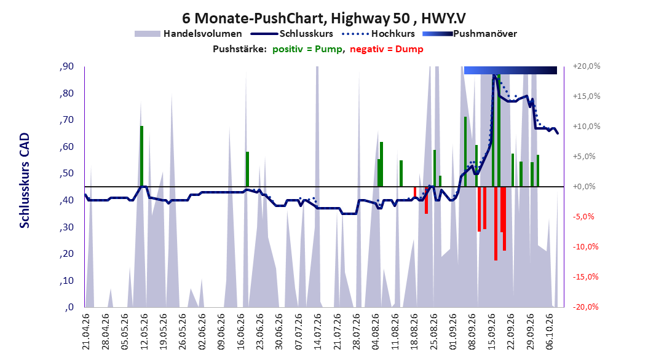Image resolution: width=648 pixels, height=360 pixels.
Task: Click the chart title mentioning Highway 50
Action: click(324, 18)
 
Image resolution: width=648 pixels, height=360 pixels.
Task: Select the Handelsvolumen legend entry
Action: click(188, 34)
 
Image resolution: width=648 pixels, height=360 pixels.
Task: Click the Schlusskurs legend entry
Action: click(292, 34)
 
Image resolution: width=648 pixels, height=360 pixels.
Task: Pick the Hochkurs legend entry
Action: click(378, 34)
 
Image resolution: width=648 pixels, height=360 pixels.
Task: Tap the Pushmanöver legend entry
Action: click(470, 34)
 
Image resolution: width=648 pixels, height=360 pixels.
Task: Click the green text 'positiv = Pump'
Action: click(307, 49)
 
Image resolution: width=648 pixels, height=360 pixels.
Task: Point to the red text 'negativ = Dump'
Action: click(387, 49)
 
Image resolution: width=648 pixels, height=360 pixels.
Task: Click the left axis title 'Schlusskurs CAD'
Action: click(25, 181)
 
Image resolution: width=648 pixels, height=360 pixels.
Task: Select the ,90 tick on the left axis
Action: click(66, 66)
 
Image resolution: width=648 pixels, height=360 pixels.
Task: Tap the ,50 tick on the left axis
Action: click(66, 173)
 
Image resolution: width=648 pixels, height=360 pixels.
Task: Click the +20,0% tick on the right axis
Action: click(587, 66)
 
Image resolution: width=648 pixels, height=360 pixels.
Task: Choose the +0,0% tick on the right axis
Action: click(584, 187)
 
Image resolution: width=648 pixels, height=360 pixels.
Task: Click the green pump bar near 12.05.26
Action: click(142, 156)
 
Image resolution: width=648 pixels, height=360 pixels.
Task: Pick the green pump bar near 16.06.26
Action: click(248, 170)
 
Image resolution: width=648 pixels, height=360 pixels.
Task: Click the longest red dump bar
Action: click(496, 224)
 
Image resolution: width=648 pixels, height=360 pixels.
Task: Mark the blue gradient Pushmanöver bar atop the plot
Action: click(510, 70)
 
